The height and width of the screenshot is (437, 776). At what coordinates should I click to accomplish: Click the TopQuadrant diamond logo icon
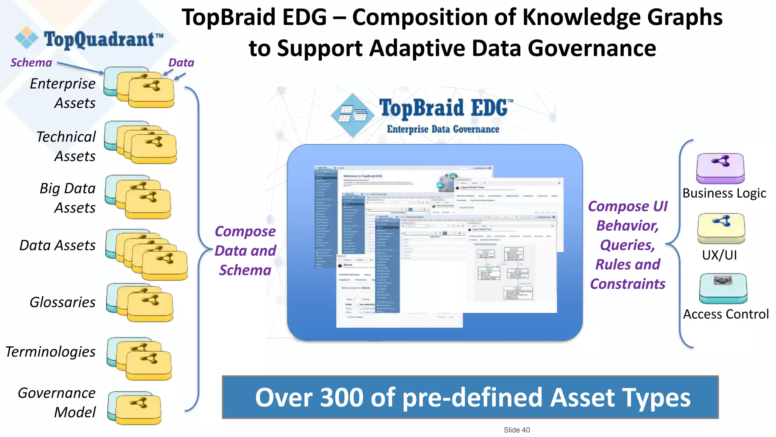(27, 38)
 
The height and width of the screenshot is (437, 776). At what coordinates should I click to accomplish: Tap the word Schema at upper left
(31, 63)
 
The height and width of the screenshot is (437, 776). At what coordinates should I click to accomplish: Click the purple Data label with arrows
(181, 63)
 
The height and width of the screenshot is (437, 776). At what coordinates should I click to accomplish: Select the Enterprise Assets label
(63, 93)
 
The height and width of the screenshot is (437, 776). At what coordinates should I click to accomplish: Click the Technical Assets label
(66, 146)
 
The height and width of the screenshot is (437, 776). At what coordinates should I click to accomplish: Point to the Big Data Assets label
(67, 198)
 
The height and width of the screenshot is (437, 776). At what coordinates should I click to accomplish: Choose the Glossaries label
(63, 302)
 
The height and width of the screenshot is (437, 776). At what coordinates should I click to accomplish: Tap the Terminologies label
(50, 352)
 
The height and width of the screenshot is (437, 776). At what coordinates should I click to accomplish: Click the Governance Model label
(57, 402)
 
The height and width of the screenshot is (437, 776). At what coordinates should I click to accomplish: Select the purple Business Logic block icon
(720, 168)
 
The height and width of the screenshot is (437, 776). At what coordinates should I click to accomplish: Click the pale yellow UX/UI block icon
(721, 228)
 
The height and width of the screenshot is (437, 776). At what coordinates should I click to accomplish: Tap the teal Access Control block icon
(723, 288)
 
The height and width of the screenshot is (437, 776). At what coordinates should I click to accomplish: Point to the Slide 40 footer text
(516, 430)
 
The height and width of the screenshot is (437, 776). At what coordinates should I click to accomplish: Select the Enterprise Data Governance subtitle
(443, 130)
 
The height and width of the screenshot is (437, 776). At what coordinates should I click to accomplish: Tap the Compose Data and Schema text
(245, 251)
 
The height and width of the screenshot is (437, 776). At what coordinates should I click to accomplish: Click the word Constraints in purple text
(627, 284)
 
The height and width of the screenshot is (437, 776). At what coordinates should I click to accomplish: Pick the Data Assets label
(58, 245)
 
